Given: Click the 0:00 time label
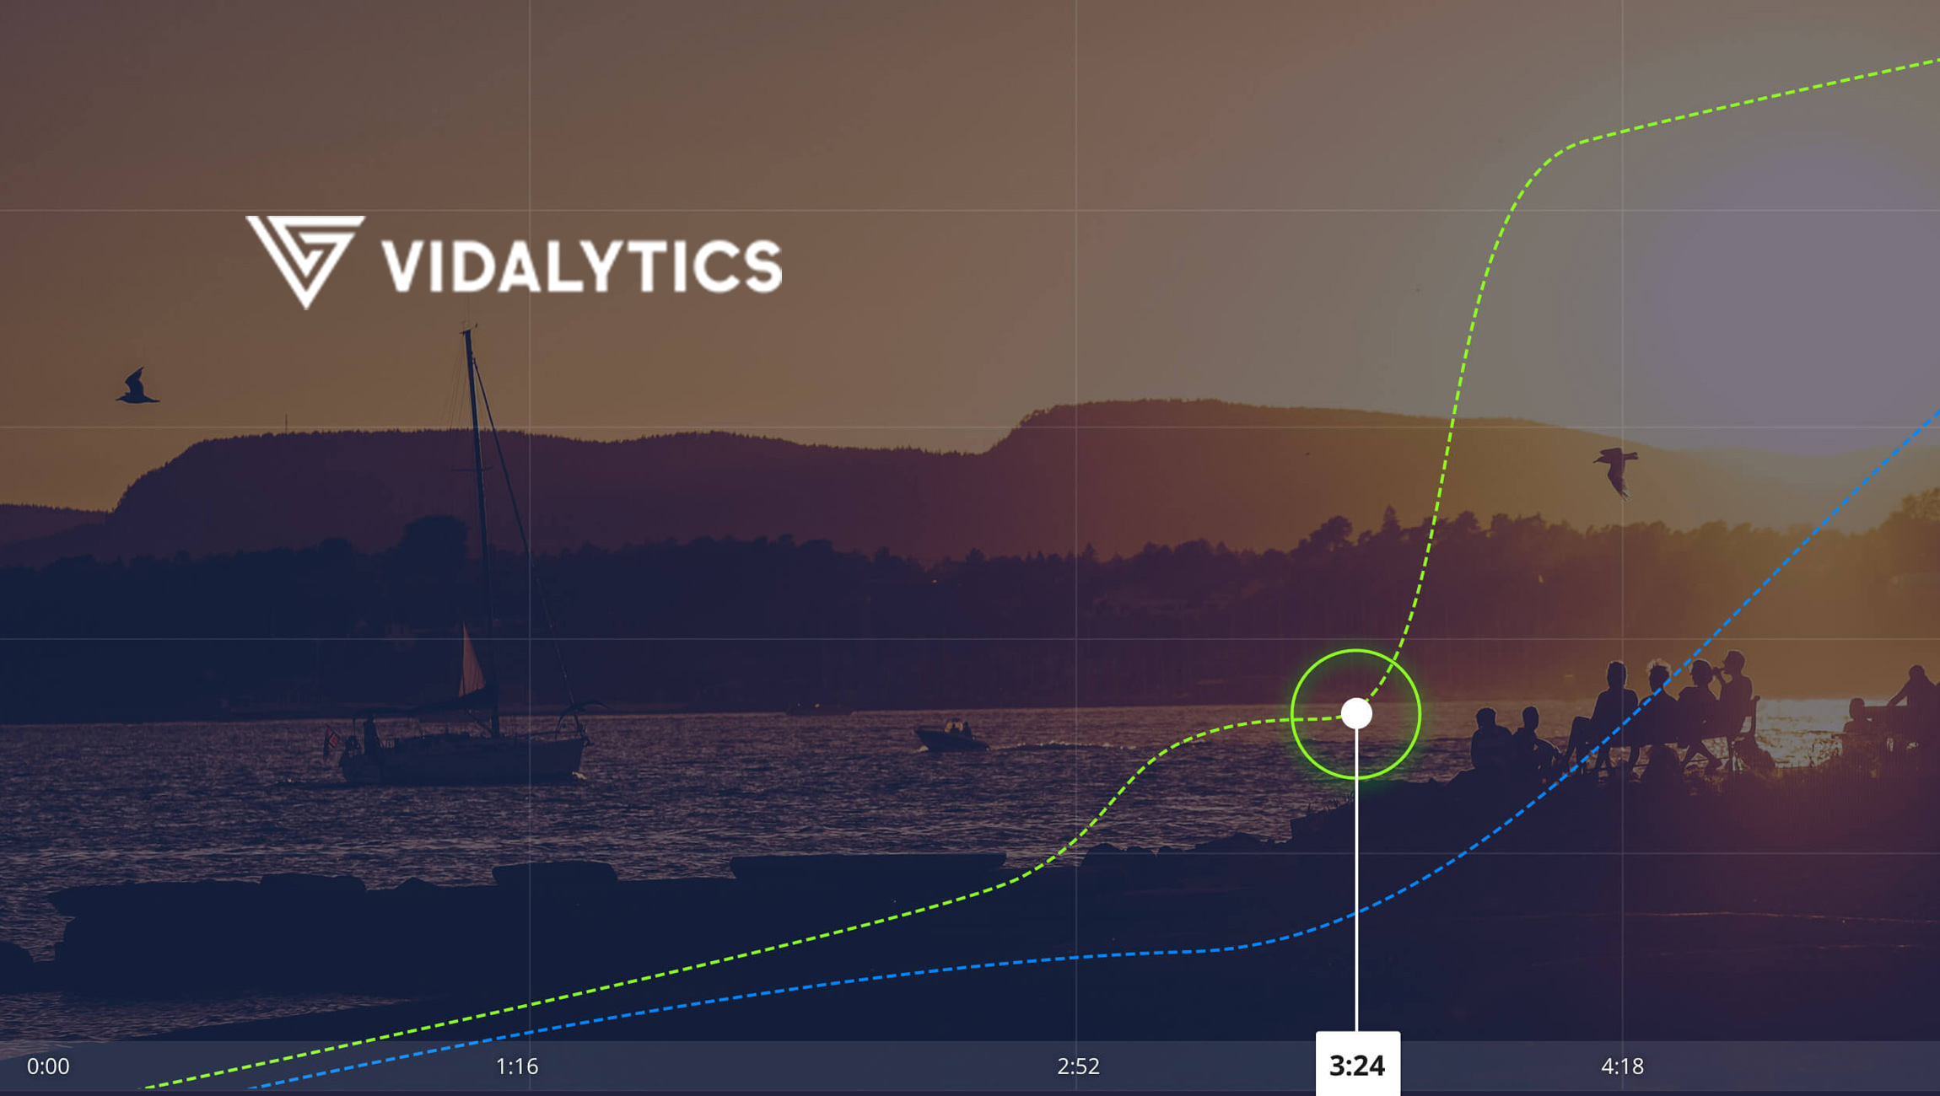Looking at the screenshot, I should click(x=48, y=1066).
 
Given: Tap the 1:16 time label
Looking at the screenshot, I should click(x=516, y=1066).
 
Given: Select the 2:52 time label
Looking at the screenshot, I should click(x=1078, y=1066).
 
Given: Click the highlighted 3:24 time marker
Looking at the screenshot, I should click(x=1357, y=1066).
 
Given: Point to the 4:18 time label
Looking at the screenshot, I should click(x=1622, y=1066).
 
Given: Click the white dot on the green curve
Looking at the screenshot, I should click(x=1356, y=713).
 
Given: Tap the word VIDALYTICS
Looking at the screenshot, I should click(x=582, y=265).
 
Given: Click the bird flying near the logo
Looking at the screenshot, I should click(x=137, y=389).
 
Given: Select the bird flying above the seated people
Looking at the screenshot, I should click(x=1616, y=470).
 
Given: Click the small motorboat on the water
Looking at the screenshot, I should click(x=951, y=737).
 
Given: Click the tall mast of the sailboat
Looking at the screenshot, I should click(x=478, y=506).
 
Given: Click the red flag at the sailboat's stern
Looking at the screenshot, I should click(x=332, y=739).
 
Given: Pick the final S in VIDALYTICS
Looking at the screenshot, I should click(x=763, y=266).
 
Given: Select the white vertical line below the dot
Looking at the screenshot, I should click(x=1356, y=885).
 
